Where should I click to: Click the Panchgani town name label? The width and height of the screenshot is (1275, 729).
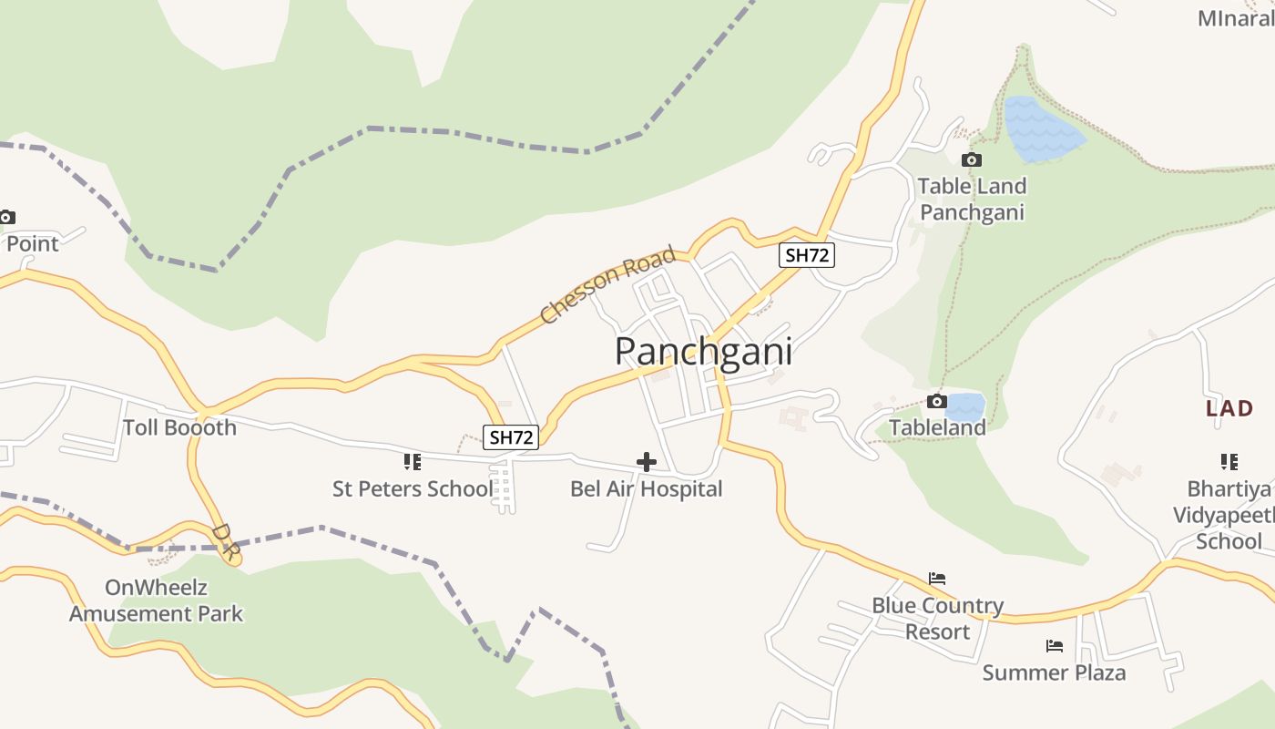703,352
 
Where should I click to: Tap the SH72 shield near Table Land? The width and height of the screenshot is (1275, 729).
807,255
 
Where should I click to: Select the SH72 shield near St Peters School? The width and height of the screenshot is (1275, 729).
511,437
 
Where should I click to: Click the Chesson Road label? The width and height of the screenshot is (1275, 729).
607,284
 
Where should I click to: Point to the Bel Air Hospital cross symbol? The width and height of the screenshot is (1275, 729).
647,462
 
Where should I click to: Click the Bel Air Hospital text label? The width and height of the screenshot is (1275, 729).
646,488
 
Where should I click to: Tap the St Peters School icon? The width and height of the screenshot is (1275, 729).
413,462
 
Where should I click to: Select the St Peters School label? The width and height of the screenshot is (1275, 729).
412,488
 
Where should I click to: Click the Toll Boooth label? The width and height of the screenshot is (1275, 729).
179,427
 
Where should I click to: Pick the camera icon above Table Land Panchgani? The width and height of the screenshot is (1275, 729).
972,160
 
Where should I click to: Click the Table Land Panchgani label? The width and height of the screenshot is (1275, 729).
972,199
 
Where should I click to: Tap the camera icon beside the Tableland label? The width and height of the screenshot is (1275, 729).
936,402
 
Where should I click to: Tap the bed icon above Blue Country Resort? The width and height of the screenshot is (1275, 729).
937,579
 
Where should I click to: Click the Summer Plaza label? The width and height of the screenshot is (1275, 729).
1054,673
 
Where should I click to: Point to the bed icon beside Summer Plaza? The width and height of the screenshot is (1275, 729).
1055,646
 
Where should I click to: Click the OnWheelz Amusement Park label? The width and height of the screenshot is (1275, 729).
156,601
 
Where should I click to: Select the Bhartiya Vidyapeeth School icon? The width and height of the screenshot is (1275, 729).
1229,462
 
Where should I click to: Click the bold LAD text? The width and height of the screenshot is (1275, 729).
1229,408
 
